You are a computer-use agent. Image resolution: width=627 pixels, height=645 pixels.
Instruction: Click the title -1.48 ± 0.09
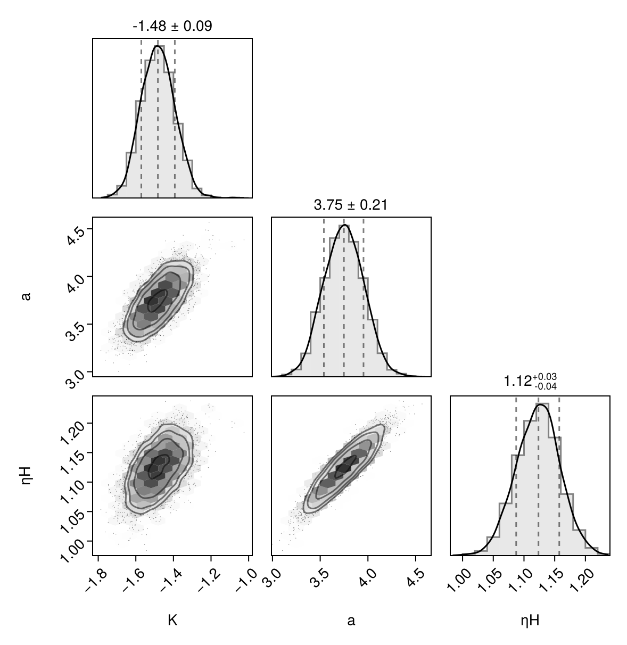click(172, 26)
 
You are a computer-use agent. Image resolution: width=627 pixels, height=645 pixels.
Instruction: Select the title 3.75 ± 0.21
click(350, 204)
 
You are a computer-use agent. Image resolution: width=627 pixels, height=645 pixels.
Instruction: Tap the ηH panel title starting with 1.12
click(530, 381)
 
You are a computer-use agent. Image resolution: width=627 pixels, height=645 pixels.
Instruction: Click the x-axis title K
click(172, 619)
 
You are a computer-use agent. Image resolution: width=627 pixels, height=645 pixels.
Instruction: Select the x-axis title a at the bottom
click(351, 619)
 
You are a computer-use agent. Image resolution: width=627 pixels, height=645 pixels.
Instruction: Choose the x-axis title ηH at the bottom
click(530, 619)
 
